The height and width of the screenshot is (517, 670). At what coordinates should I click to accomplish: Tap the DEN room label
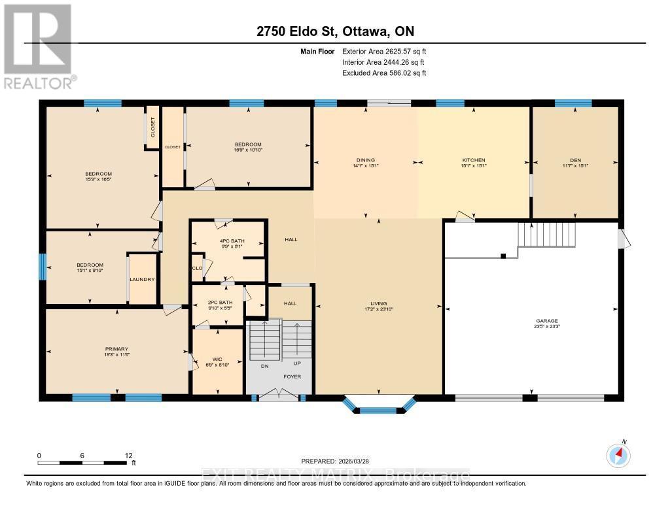pyautogui.click(x=575, y=160)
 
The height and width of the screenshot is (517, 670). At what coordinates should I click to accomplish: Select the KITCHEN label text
pyautogui.click(x=473, y=160)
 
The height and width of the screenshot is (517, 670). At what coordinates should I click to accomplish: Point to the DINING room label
pyautogui.click(x=365, y=160)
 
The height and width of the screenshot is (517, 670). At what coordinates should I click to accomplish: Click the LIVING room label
pyautogui.click(x=378, y=303)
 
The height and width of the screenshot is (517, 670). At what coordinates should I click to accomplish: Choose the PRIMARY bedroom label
pyautogui.click(x=117, y=349)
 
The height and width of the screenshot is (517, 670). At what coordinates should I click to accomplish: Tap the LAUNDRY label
pyautogui.click(x=142, y=279)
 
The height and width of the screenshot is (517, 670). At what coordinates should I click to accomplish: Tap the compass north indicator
pyautogui.click(x=618, y=454)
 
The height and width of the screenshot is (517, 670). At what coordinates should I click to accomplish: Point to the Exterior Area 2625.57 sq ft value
pyautogui.click(x=384, y=51)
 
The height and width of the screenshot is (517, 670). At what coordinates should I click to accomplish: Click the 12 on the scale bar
pyautogui.click(x=129, y=456)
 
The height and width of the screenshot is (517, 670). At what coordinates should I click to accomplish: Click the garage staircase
pyautogui.click(x=546, y=234)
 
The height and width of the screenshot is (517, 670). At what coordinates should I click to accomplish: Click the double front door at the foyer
pyautogui.click(x=278, y=394)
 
